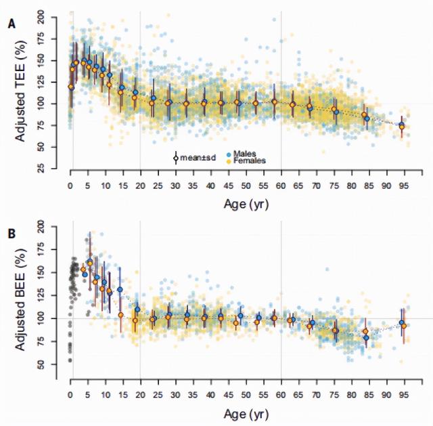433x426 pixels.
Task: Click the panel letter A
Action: coord(12,24)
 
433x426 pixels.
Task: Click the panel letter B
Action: coord(12,232)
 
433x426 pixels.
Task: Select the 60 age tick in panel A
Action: coord(281,186)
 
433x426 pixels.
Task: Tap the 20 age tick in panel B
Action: coord(140,395)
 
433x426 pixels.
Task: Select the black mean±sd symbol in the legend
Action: coord(175,157)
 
